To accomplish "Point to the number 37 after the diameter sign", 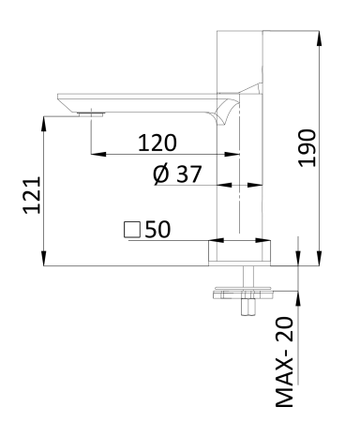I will pyautogui.click(x=187, y=175).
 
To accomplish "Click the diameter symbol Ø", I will pyautogui.click(x=159, y=175).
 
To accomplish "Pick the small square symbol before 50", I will pyautogui.click(x=131, y=229).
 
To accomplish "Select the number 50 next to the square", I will pyautogui.click(x=156, y=229).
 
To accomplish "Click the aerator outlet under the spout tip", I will pyautogui.click(x=90, y=113).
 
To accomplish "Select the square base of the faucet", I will pyautogui.click(x=240, y=252).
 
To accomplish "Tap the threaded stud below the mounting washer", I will pyautogui.click(x=249, y=304).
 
